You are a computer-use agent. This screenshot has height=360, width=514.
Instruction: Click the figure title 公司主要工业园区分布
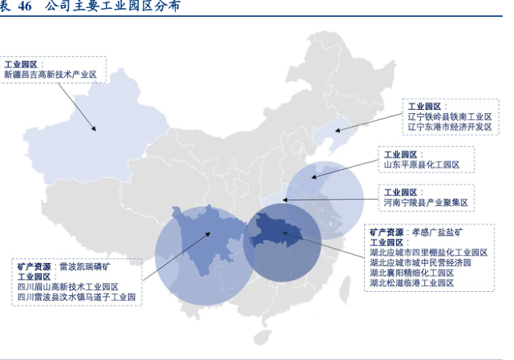[112, 6]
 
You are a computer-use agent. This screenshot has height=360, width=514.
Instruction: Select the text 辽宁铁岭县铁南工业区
[449, 116]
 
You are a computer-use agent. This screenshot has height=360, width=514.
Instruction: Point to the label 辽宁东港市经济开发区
[449, 127]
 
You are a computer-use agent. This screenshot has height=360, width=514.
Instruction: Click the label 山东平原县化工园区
[421, 164]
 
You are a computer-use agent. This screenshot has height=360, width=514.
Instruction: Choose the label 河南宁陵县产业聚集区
[425, 203]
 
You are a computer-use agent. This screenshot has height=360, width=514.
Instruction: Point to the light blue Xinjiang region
[80, 120]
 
